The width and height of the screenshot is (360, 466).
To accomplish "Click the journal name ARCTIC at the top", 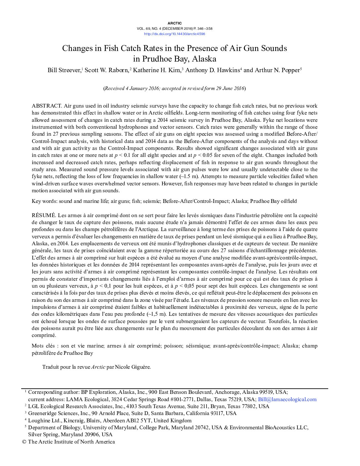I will (174, 23).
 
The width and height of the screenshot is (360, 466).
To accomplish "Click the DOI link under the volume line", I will (174, 34).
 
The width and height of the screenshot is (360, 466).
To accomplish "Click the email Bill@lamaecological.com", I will (287, 399).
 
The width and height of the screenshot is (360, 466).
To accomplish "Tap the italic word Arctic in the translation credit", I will (98, 367).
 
